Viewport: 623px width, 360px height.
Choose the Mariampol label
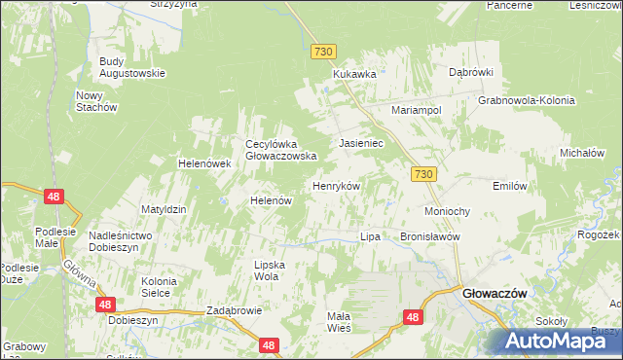click(x=417, y=111)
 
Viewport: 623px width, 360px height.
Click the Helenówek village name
click(x=203, y=163)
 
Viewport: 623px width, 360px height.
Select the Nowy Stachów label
click(x=96, y=100)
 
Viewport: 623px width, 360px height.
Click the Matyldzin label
click(x=164, y=209)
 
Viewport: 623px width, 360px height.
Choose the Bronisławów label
click(x=429, y=236)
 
